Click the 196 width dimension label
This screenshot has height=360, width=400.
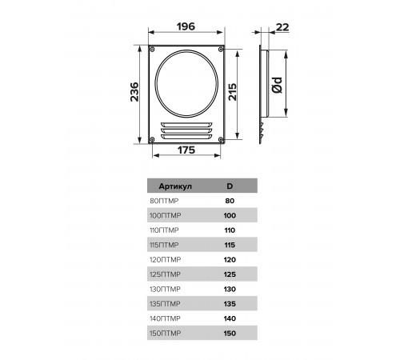coord(186,26)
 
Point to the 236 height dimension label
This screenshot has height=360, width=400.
coord(134,92)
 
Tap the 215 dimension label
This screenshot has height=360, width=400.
coord(233,92)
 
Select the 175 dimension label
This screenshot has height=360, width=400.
coord(186,150)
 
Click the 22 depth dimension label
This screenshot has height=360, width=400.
coord(282,27)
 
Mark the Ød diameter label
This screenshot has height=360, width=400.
coord(277,85)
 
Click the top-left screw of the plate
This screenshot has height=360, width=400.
coord(152,49)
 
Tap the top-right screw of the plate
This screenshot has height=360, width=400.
coord(221,49)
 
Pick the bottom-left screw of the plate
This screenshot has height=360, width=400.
coord(152,139)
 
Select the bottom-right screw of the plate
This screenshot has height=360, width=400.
coord(221,139)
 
